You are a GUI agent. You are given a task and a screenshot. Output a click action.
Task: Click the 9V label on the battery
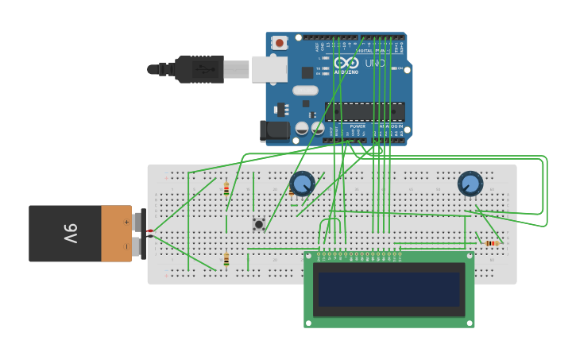click(x=69, y=234)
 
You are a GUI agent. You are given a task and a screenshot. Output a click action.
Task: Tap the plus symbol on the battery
click(x=126, y=222)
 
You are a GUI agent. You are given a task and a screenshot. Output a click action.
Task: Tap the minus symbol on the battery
click(x=126, y=246)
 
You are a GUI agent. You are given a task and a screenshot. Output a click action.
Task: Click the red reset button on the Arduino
click(x=280, y=43)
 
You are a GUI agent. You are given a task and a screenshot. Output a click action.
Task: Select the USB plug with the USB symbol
click(x=199, y=70)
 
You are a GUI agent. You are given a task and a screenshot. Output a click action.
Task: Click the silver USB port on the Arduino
click(x=269, y=69)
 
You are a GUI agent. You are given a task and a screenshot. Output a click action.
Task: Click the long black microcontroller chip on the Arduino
click(x=364, y=111)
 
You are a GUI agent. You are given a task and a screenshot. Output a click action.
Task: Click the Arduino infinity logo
click(x=346, y=62)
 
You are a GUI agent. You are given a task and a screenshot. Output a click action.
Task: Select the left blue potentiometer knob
click(x=303, y=184)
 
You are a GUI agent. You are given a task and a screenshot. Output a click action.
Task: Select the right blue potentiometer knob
click(x=470, y=184)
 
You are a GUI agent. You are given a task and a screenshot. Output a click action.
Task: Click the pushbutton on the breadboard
click(x=258, y=225)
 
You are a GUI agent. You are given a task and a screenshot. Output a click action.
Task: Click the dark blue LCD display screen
click(x=389, y=290)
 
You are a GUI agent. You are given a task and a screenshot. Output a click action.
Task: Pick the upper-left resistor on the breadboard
click(x=226, y=189)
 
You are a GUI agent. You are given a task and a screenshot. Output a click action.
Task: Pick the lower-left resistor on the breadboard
click(x=226, y=259)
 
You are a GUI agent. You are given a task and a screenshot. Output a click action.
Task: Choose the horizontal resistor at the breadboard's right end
click(x=491, y=243)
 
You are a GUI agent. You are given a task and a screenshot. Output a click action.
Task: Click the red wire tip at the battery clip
click(x=149, y=230)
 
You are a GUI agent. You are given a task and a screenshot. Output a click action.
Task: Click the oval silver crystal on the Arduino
click(x=305, y=91)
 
